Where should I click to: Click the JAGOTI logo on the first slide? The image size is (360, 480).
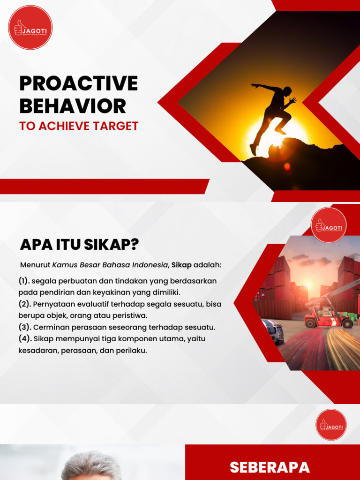(30, 27)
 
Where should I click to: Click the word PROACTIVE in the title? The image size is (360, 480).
(79, 83)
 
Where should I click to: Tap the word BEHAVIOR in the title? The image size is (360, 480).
(73, 106)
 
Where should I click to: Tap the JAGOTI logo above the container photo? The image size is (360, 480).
(329, 225)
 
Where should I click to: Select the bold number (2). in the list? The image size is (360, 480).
(25, 304)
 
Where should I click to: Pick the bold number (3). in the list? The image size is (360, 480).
(25, 327)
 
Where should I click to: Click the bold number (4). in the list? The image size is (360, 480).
(25, 338)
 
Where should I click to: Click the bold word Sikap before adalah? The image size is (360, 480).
(181, 265)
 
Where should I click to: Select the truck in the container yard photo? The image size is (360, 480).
(273, 330)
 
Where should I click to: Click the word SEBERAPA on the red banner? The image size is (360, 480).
(270, 467)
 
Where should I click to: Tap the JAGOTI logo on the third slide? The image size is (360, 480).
(331, 425)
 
